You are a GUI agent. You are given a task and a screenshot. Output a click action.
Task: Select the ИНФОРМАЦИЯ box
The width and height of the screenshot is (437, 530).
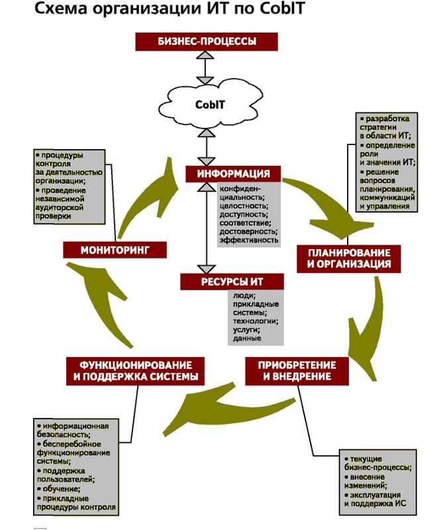point(233,174)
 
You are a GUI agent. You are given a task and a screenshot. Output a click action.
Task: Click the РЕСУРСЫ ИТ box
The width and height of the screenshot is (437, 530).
point(231,282)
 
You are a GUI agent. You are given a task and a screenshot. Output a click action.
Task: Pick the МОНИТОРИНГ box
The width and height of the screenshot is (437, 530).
point(114,250)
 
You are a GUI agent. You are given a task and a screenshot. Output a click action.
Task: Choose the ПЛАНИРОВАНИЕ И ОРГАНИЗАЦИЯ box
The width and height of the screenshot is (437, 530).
point(349,258)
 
